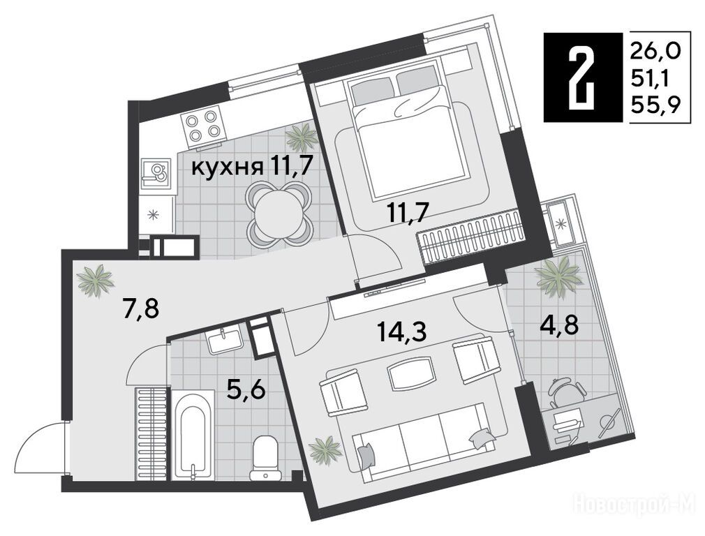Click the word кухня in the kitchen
[x=228, y=168]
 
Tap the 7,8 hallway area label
[x=140, y=309]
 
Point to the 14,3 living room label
[x=401, y=333]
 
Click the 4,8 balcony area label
[x=559, y=325]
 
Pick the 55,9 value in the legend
[x=655, y=105]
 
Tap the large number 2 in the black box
[x=582, y=77]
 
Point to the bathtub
[x=193, y=434]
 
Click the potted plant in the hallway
[x=96, y=280]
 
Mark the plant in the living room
[x=325, y=449]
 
